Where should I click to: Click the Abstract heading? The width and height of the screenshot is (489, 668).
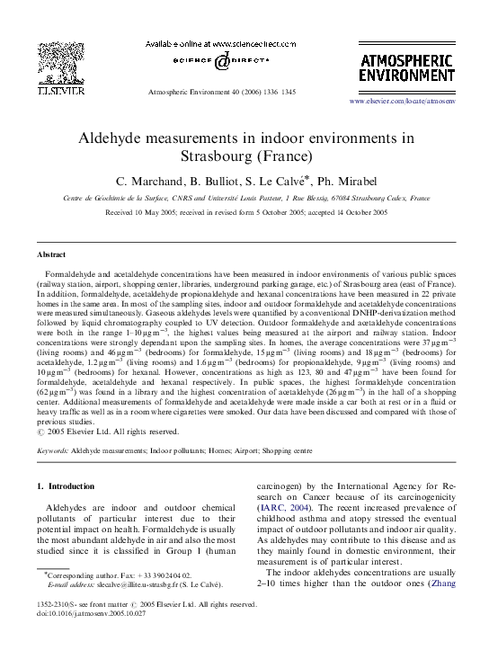click(53, 254)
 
